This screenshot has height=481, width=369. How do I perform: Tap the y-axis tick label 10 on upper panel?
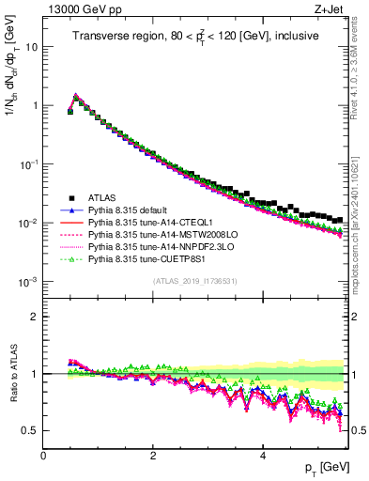(x=32, y=46)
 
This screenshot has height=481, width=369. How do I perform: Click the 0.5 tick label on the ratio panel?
(x=31, y=430)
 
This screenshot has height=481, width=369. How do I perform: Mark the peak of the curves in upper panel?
(x=76, y=96)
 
